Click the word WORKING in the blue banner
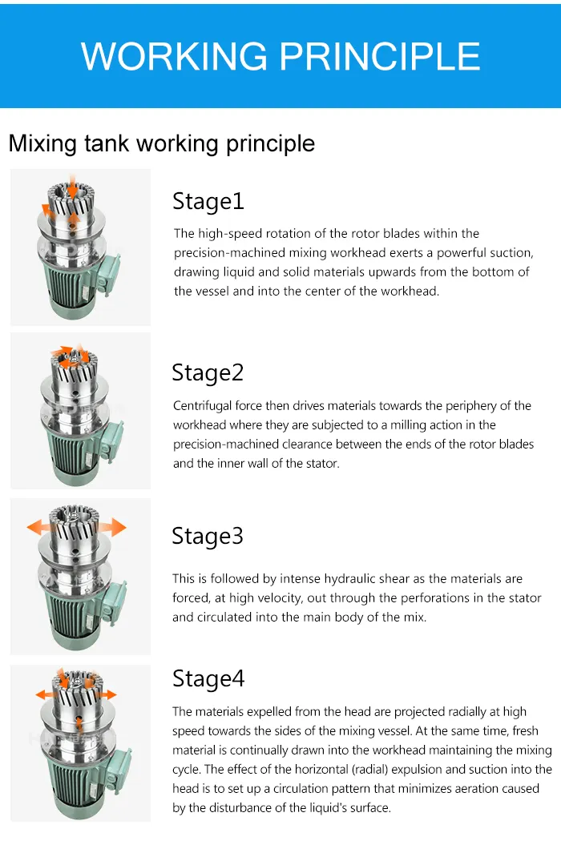174,56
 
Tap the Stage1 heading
208,201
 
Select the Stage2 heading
208,372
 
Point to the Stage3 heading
208,536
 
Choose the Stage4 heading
208,678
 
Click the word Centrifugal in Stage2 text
204,406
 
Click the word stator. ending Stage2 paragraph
322,464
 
